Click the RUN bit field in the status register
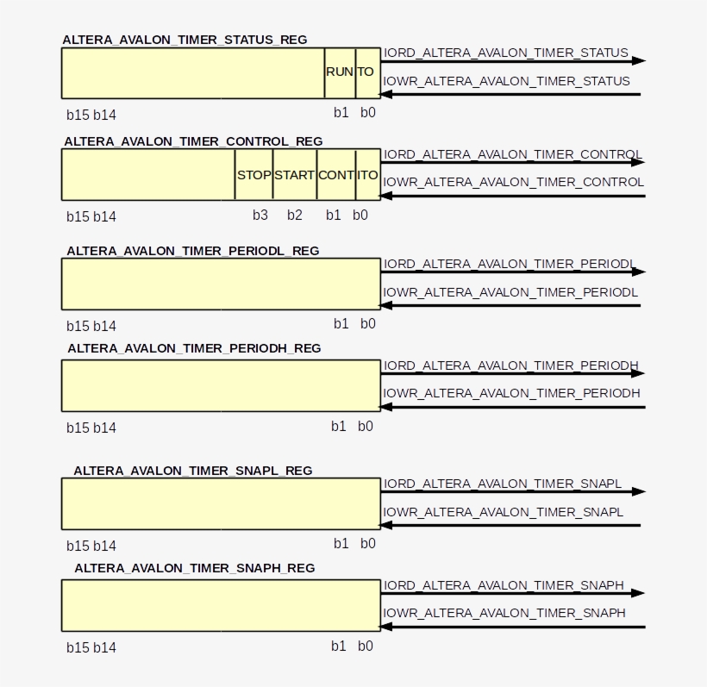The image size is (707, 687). click(340, 73)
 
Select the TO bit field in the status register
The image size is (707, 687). click(368, 73)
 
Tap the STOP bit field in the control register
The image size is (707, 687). click(253, 175)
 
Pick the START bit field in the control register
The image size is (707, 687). click(294, 175)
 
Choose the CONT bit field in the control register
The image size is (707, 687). click(336, 175)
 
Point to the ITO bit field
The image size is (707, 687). click(368, 175)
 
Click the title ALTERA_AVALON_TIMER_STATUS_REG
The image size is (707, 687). click(185, 40)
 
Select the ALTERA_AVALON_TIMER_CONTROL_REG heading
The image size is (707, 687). click(193, 141)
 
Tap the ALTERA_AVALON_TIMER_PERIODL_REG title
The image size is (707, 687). click(193, 251)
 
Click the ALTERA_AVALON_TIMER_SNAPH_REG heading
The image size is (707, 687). click(195, 568)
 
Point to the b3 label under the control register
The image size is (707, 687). click(260, 215)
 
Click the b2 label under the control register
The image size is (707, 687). click(294, 215)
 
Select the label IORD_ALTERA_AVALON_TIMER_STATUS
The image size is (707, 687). click(505, 53)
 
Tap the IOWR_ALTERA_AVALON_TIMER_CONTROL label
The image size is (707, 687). click(513, 182)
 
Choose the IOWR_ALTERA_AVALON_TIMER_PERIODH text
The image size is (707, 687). click(511, 393)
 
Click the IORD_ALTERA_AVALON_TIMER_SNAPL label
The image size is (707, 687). click(503, 484)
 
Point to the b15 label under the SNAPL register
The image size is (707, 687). click(78, 546)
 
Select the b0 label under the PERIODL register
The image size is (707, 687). click(368, 323)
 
